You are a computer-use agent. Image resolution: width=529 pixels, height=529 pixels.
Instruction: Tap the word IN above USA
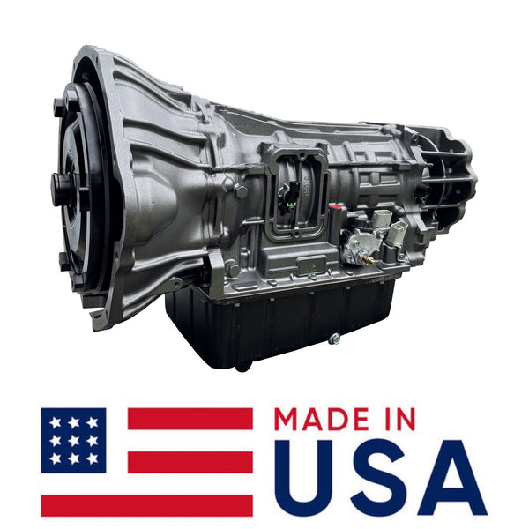pyautogui.click(x=398, y=419)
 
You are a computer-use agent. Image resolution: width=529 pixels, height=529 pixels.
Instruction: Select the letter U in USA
pyautogui.click(x=304, y=478)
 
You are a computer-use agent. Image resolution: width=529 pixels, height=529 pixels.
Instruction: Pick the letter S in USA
pyautogui.click(x=376, y=478)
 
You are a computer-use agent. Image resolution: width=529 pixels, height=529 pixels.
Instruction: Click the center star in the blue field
pyautogui.click(x=73, y=440)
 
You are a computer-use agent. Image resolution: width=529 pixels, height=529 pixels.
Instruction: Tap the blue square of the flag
pyautogui.click(x=73, y=440)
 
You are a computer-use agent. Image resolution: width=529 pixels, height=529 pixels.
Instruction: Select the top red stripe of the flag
pyautogui.click(x=190, y=419)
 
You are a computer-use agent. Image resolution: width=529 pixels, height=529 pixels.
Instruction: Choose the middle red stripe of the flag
pyautogui.click(x=190, y=462)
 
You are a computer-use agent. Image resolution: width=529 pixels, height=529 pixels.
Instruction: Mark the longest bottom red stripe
pyautogui.click(x=146, y=505)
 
